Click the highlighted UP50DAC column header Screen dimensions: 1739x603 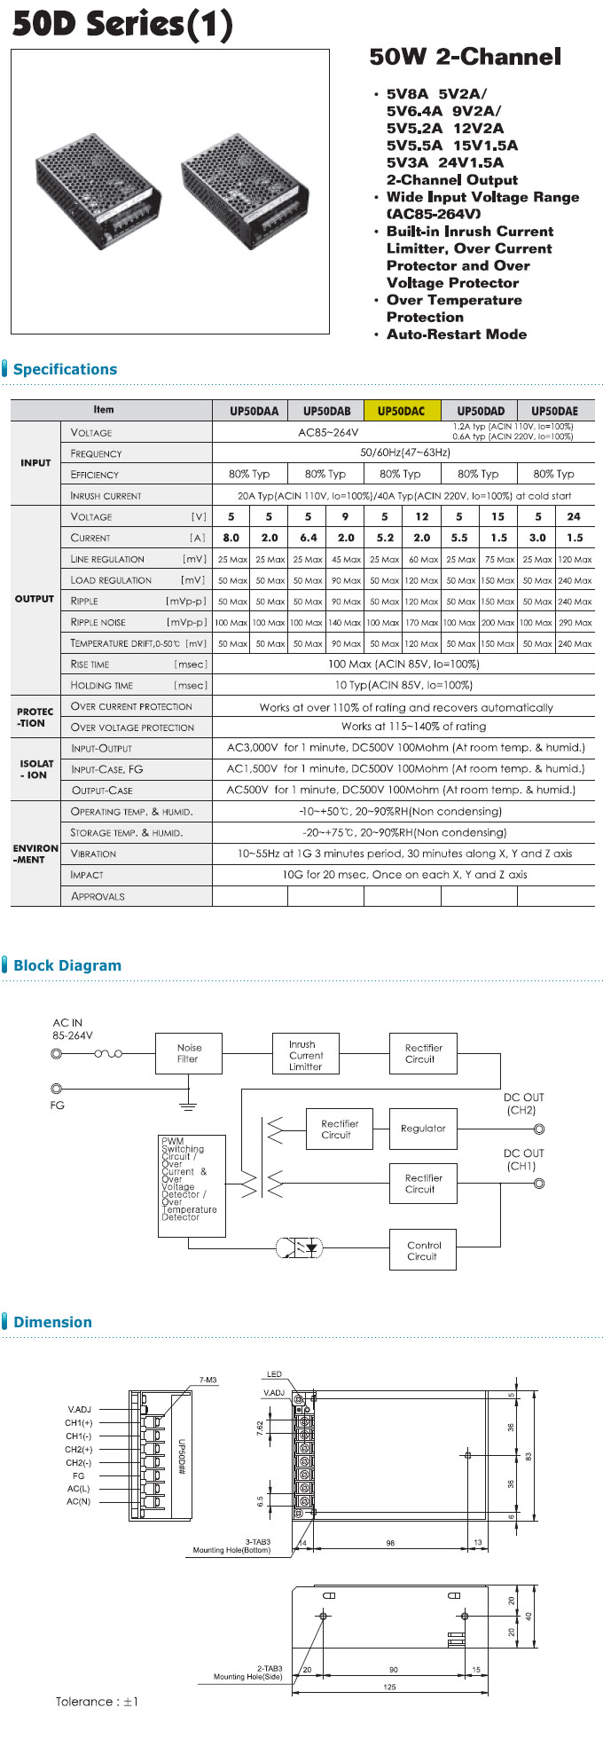[x=401, y=411]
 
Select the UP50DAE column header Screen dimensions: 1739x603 [x=554, y=411]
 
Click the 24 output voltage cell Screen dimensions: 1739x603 [x=574, y=516]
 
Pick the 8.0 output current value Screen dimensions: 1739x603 [x=231, y=538]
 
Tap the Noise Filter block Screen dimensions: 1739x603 [x=188, y=1053]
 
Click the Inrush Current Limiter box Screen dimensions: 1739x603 [x=306, y=1056]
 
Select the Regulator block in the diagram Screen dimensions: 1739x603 [x=423, y=1129]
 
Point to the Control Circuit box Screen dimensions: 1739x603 [x=423, y=1250]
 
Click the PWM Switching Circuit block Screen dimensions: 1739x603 [x=192, y=1185]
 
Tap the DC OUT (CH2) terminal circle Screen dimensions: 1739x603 [x=539, y=1129]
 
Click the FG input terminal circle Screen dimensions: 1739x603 [x=57, y=1089]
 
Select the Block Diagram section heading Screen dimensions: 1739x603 [x=67, y=965]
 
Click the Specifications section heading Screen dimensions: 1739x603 [x=65, y=369]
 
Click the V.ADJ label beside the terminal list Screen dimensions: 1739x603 [x=79, y=1409]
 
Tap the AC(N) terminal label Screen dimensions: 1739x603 [x=78, y=1501]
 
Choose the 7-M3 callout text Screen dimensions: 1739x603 [x=208, y=1380]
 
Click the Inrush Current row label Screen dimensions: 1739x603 [x=106, y=496]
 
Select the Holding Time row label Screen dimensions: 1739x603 [x=102, y=685]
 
